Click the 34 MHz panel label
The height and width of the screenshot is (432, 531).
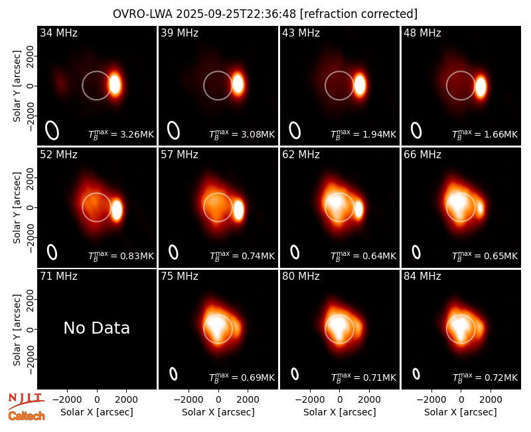point(58,33)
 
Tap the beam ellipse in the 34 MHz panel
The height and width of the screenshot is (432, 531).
point(52,130)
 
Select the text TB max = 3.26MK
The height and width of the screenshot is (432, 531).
point(121,134)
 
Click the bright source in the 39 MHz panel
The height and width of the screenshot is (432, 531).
point(238,84)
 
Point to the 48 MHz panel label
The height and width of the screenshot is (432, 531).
point(422,33)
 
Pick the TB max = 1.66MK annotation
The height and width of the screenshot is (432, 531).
point(485,134)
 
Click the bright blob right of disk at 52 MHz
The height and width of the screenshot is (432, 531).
point(117,209)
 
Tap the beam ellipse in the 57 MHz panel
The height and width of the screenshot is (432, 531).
point(173,253)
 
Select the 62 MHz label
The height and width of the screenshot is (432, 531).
point(301,155)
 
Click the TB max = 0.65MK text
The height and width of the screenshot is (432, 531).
point(485,256)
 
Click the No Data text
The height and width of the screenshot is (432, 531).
point(96,328)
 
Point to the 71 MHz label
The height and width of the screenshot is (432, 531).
point(58,276)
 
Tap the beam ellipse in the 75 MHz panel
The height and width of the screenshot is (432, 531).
point(173,374)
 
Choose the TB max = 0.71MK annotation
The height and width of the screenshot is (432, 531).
point(363,378)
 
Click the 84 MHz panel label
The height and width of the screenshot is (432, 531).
point(422,276)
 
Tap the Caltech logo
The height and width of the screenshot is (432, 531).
point(27,416)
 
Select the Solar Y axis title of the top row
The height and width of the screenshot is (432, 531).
point(17,86)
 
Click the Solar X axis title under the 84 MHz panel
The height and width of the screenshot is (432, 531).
point(461,412)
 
